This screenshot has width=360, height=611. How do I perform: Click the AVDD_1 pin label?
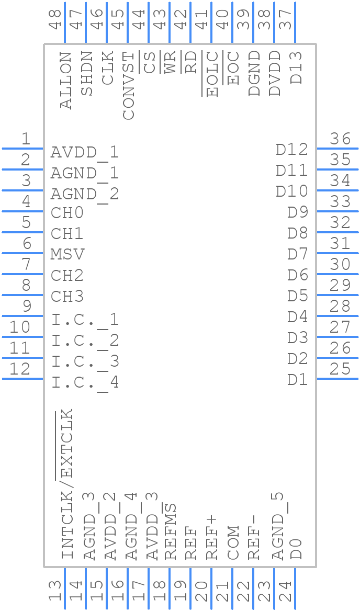point(85,153)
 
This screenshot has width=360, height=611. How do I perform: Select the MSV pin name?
point(67,255)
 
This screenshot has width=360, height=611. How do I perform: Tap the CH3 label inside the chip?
point(67,297)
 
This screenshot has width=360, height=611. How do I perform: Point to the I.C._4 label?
point(85,383)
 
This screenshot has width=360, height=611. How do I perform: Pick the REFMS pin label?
point(171,531)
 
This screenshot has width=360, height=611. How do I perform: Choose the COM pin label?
point(233,542)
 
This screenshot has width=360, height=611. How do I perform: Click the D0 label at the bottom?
point(296,549)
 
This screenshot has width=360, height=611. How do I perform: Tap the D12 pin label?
point(292,150)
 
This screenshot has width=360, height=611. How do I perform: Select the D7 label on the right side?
point(298,254)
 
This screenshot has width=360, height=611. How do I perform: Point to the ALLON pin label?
point(66,80)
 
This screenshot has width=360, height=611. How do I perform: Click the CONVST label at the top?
point(129,85)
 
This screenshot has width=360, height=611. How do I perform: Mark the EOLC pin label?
point(212,74)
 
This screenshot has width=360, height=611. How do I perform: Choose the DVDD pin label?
point(275,74)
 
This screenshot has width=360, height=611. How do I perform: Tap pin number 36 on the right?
point(340,139)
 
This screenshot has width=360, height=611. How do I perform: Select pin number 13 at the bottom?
point(55,592)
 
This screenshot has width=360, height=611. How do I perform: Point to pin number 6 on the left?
point(27,243)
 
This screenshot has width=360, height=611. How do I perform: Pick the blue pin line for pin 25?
point(337,379)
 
